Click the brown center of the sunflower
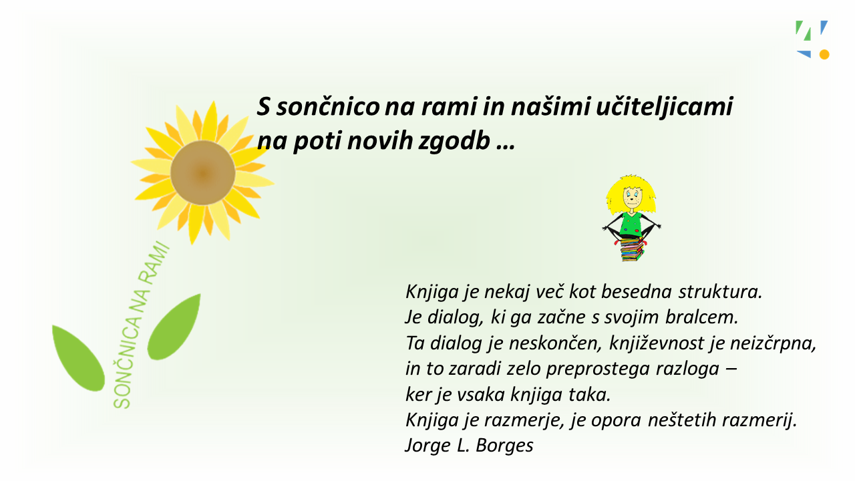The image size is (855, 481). click(202, 172)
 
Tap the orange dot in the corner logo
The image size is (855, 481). click(824, 55)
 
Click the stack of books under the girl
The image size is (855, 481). click(632, 250)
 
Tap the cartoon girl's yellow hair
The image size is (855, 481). click(631, 194)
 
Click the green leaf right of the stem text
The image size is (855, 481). click(174, 327)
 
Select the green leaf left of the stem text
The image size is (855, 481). click(78, 358)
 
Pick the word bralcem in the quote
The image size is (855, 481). click(701, 317)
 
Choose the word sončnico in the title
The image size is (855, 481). click(328, 108)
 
